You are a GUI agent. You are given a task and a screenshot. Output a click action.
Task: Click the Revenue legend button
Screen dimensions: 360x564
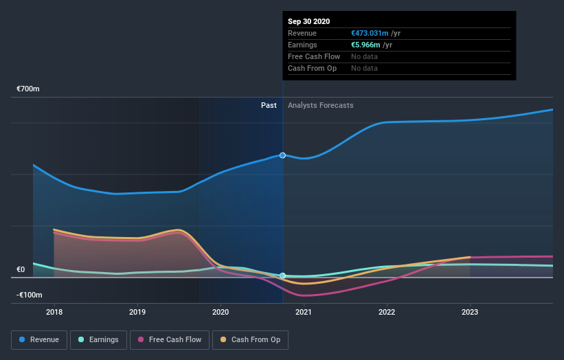40,339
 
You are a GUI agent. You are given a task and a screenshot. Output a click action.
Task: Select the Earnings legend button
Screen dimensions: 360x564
99,339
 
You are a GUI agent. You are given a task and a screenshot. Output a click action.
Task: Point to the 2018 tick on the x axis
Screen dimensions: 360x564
54,312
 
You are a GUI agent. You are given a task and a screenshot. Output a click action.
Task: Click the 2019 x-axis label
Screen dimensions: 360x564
137,312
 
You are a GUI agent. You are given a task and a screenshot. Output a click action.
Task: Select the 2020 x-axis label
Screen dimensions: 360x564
221,312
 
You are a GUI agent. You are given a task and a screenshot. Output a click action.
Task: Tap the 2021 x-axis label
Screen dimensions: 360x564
304,312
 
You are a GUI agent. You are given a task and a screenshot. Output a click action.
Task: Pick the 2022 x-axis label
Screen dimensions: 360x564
387,312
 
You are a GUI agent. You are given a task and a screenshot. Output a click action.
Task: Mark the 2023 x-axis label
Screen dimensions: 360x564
470,312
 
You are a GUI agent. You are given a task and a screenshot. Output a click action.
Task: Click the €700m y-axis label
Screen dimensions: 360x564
28,89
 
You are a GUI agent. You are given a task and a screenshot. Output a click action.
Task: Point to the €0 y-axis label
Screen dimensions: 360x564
21,270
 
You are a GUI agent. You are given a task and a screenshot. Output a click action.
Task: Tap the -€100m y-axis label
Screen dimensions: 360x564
30,295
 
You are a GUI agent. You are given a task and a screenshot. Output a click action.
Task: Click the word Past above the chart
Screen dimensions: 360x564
269,105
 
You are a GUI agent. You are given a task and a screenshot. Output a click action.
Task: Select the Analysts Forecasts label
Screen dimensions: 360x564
321,105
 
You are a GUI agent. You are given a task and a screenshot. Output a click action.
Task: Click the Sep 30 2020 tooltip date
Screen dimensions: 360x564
308,21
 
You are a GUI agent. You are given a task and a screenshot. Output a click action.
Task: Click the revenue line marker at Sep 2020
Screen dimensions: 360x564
282,155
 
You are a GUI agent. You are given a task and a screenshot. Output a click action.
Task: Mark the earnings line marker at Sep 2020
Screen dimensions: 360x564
282,275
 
